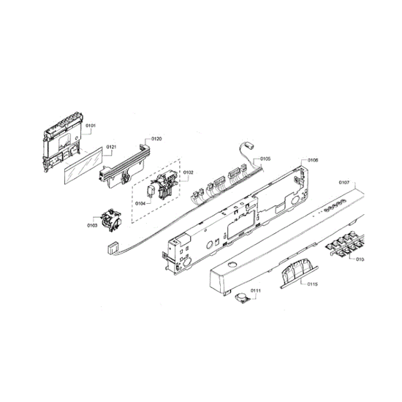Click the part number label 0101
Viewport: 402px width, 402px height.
tap(91, 126)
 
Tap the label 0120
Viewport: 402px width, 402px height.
tap(156, 138)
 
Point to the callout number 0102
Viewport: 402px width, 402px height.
tap(188, 172)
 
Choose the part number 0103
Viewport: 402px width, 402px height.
tap(93, 226)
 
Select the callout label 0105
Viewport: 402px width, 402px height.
tap(265, 158)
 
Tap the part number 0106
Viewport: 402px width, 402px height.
tap(312, 160)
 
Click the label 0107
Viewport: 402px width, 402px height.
tap(345, 182)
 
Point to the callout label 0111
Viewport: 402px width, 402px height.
tap(255, 290)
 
